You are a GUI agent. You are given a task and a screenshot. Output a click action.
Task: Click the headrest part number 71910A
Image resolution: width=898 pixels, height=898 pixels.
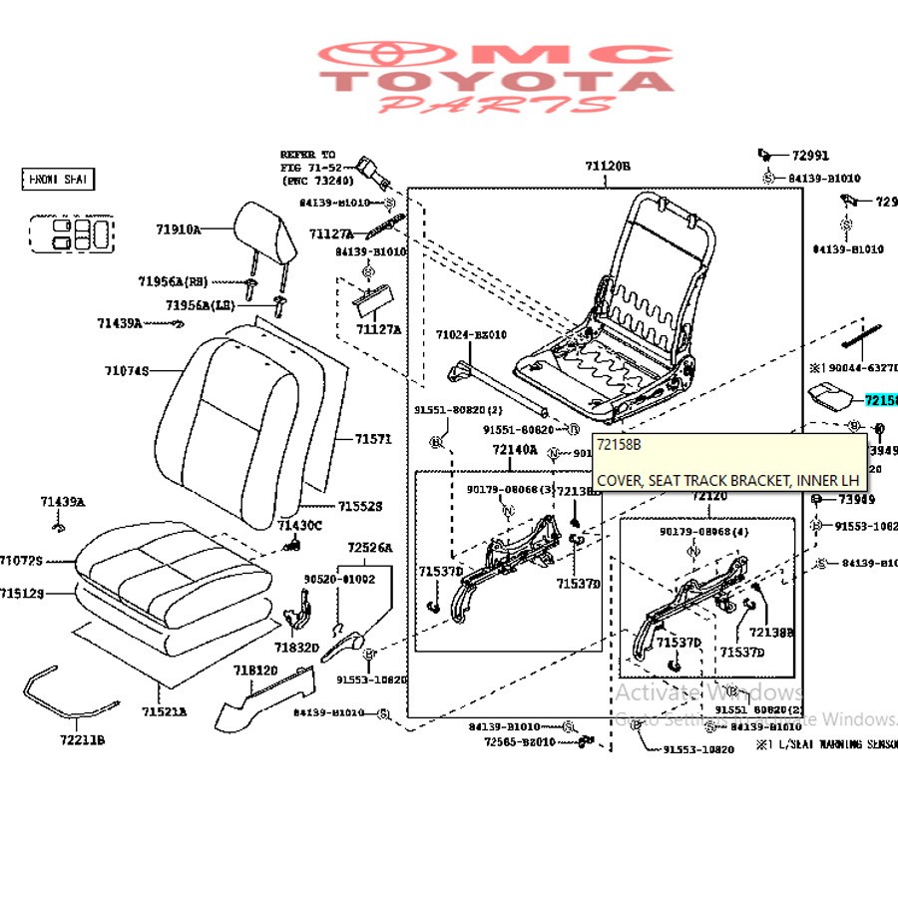(x=178, y=229)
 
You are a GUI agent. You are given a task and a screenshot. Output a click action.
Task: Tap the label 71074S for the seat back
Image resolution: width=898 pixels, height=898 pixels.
(x=127, y=371)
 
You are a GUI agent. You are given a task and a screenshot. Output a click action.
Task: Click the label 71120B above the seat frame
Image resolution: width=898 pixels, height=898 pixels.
(x=608, y=167)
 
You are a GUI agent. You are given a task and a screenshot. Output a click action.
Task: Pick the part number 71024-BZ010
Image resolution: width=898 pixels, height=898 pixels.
(x=471, y=335)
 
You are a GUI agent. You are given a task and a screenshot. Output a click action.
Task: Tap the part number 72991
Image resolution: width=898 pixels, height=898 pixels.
(x=810, y=156)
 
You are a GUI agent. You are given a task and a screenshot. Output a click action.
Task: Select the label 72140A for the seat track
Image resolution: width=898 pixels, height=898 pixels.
(x=514, y=450)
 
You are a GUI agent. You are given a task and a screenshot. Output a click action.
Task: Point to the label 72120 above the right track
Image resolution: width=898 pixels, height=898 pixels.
(x=709, y=496)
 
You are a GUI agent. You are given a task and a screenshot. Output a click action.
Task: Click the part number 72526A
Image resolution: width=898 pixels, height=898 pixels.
(x=369, y=548)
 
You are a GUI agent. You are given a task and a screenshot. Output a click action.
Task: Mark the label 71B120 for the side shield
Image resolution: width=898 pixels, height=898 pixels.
(x=256, y=671)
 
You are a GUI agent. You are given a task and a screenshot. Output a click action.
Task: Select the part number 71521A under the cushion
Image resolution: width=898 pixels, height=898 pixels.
(x=164, y=711)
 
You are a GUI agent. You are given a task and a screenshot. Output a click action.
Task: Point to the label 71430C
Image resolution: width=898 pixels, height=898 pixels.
(x=299, y=526)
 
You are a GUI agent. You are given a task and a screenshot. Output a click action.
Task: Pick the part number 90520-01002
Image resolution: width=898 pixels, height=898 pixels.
(x=339, y=579)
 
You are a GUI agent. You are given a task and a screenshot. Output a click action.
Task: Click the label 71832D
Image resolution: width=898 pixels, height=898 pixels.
(x=296, y=648)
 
